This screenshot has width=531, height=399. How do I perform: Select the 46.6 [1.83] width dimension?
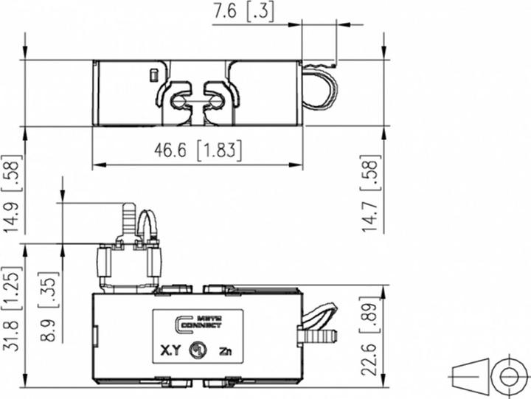click(198, 150)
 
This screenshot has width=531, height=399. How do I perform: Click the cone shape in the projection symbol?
click(469, 377)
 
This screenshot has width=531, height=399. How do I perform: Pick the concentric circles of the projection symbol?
click(508, 377)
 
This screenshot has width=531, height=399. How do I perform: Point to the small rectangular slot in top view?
click(153, 74)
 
